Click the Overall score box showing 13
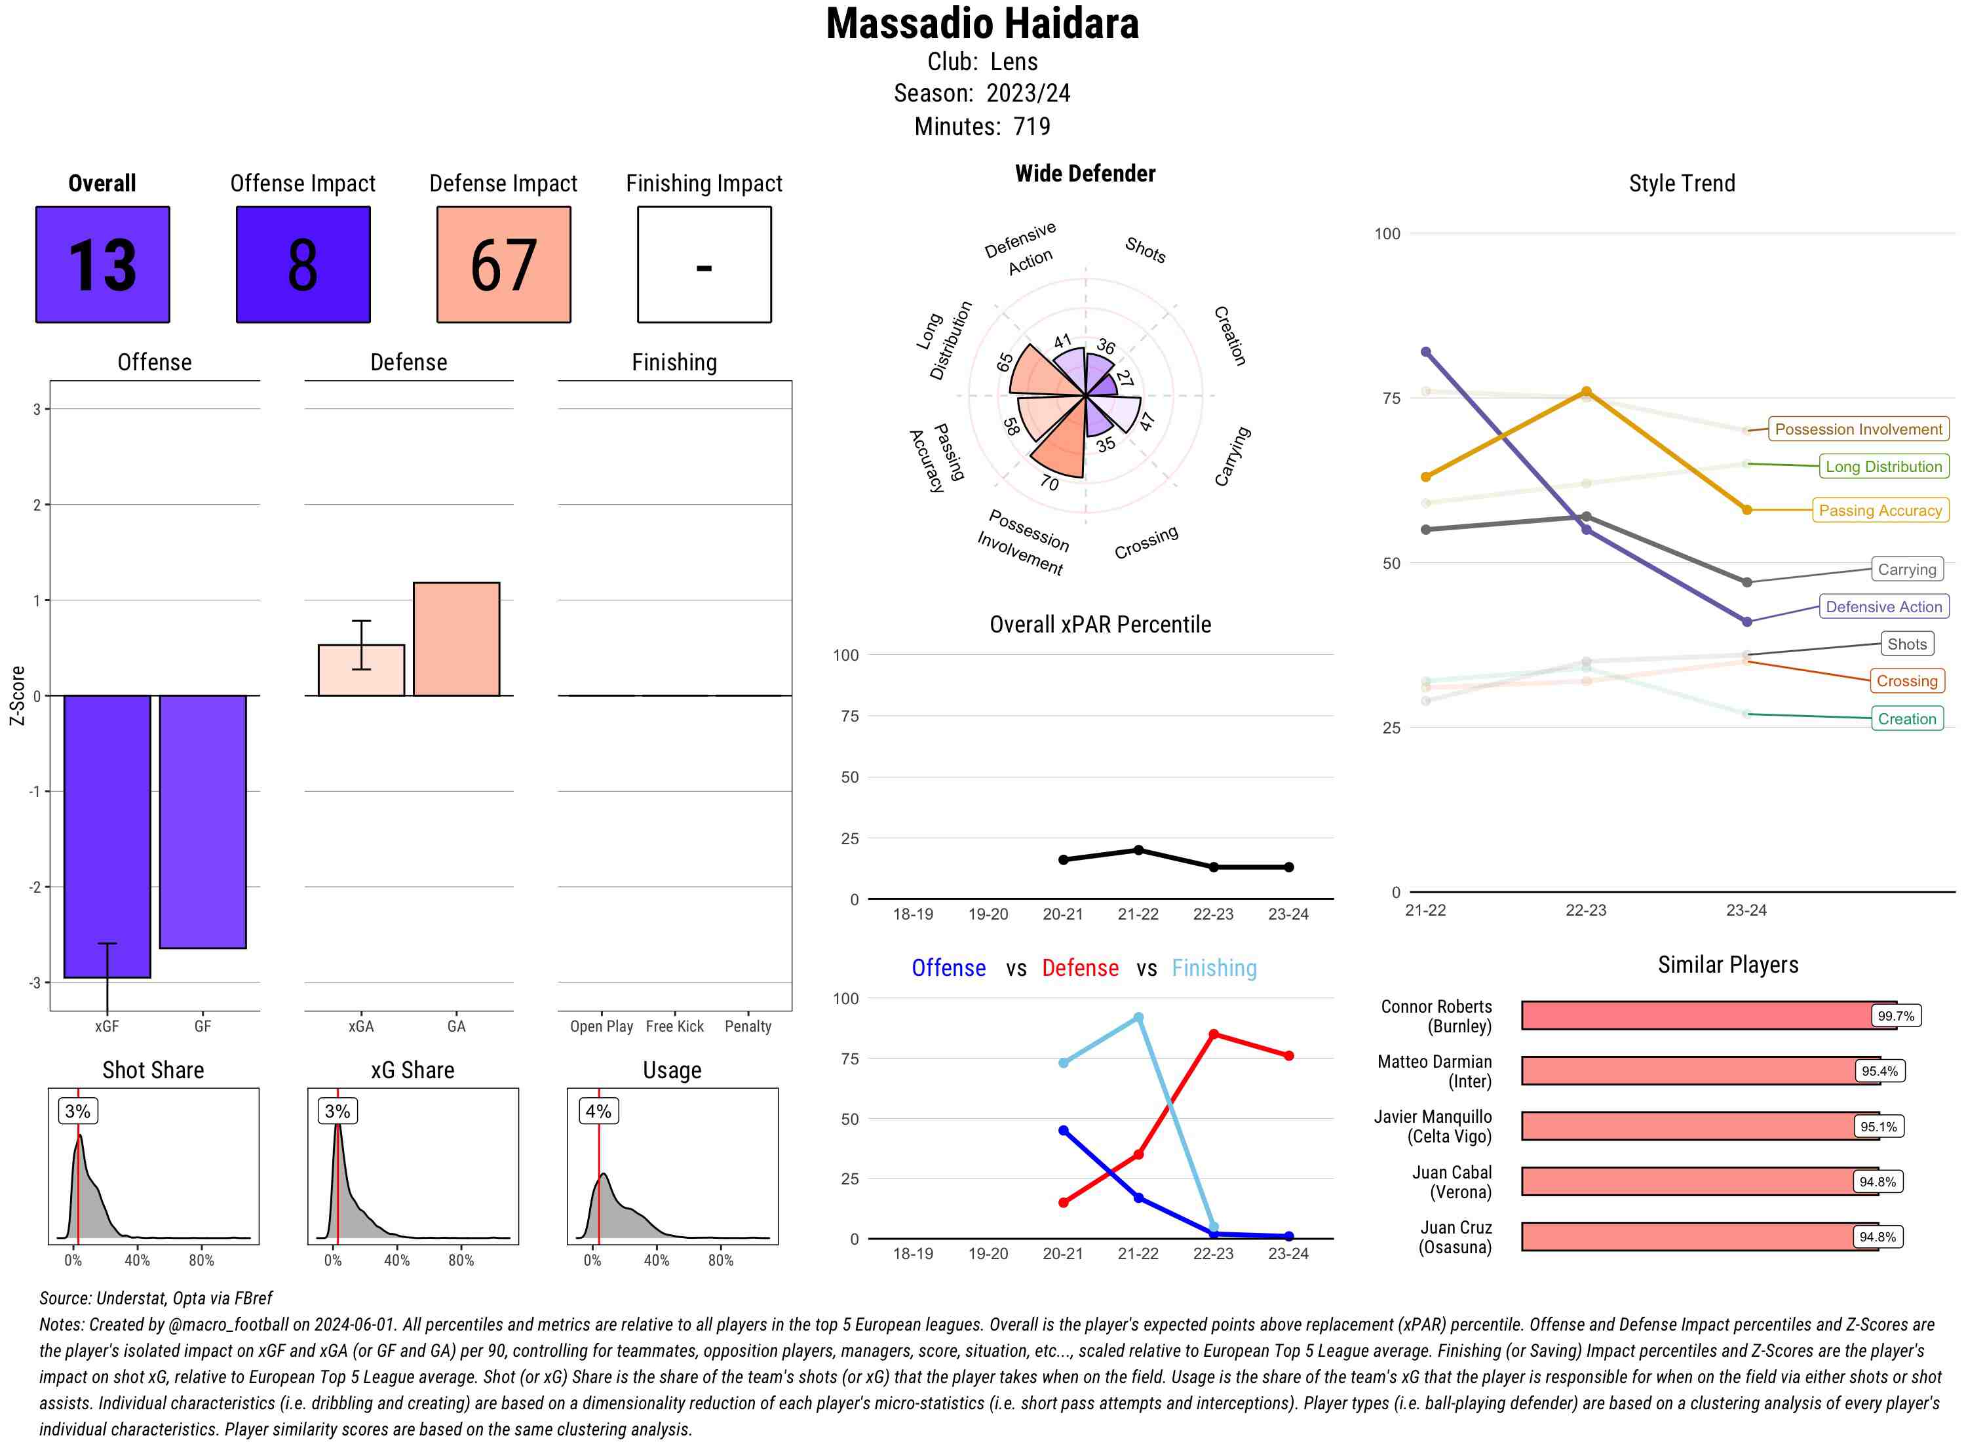pyautogui.click(x=102, y=265)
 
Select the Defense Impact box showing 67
pyautogui.click(x=503, y=265)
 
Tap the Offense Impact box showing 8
pyautogui.click(x=303, y=265)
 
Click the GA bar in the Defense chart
pyautogui.click(x=456, y=639)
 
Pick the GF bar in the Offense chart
pyautogui.click(x=202, y=821)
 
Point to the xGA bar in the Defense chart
pyautogui.click(x=361, y=671)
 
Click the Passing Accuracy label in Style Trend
pyautogui.click(x=1879, y=511)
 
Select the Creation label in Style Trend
pyautogui.click(x=1906, y=719)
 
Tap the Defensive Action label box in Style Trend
pyautogui.click(x=1883, y=607)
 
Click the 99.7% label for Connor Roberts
pyautogui.click(x=1895, y=1016)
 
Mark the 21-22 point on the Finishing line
pyautogui.click(x=1138, y=1018)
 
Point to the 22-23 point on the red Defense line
pyautogui.click(x=1213, y=1034)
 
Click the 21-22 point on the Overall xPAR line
pyautogui.click(x=1138, y=850)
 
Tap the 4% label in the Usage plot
pyautogui.click(x=598, y=1111)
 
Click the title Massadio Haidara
pyautogui.click(x=982, y=24)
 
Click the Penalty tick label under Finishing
pyautogui.click(x=748, y=1026)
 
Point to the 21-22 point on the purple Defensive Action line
pyautogui.click(x=1426, y=352)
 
